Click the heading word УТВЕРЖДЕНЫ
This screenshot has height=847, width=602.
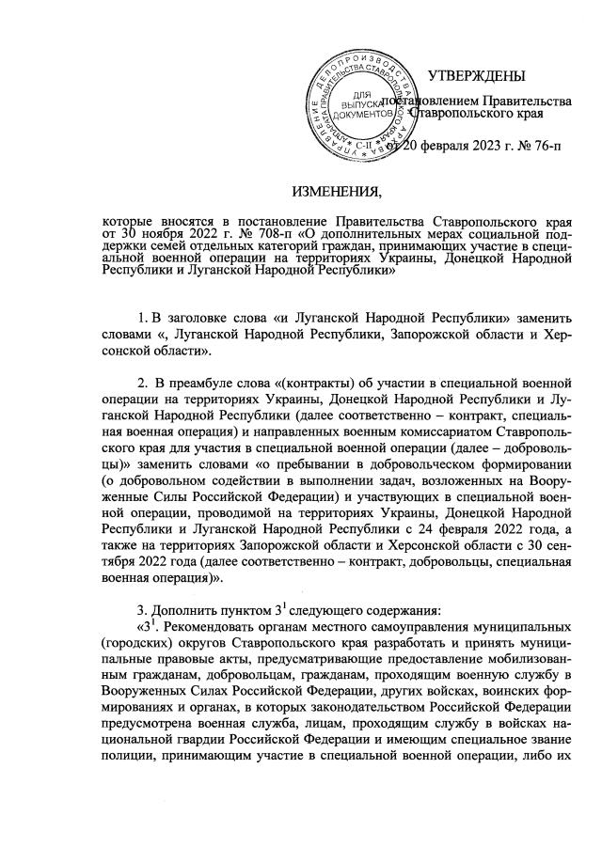[x=477, y=75]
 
